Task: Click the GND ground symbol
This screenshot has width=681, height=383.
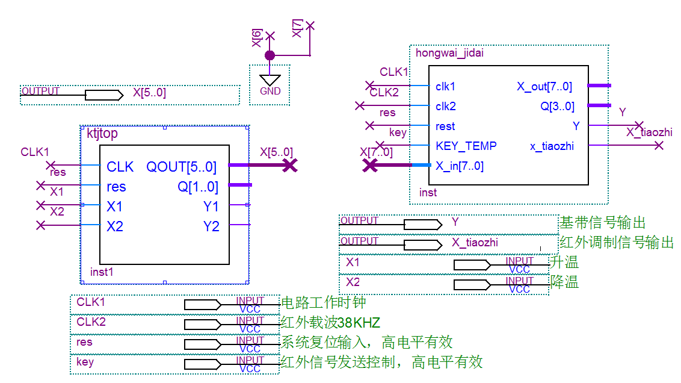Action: [x=270, y=80]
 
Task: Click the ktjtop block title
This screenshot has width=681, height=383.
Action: [x=102, y=134]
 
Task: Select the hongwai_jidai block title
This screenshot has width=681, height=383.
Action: [x=449, y=53]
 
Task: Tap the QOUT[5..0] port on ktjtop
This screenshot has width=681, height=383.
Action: [x=181, y=166]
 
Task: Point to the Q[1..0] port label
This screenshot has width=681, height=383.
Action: [x=198, y=187]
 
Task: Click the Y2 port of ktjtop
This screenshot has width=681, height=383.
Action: [x=211, y=226]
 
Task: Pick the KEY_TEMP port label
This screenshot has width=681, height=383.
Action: [x=466, y=146]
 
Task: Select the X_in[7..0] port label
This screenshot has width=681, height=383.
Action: [x=460, y=166]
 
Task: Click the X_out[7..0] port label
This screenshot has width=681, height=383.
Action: [x=544, y=87]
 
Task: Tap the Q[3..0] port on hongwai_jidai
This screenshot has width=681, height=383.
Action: [x=557, y=107]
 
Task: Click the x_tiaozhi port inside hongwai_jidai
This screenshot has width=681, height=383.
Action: [x=552, y=146]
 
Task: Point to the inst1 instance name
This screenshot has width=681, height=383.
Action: [x=102, y=272]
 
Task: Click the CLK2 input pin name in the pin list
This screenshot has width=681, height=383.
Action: [x=91, y=322]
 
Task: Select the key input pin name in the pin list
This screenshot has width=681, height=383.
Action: [x=85, y=362]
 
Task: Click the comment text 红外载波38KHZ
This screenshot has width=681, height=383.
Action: [x=330, y=323]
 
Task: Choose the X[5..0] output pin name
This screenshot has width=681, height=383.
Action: [x=149, y=94]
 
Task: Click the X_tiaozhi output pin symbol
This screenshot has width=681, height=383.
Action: [x=422, y=245]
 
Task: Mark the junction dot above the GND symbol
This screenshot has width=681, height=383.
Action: [x=270, y=55]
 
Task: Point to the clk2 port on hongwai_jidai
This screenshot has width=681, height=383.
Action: [x=446, y=107]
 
